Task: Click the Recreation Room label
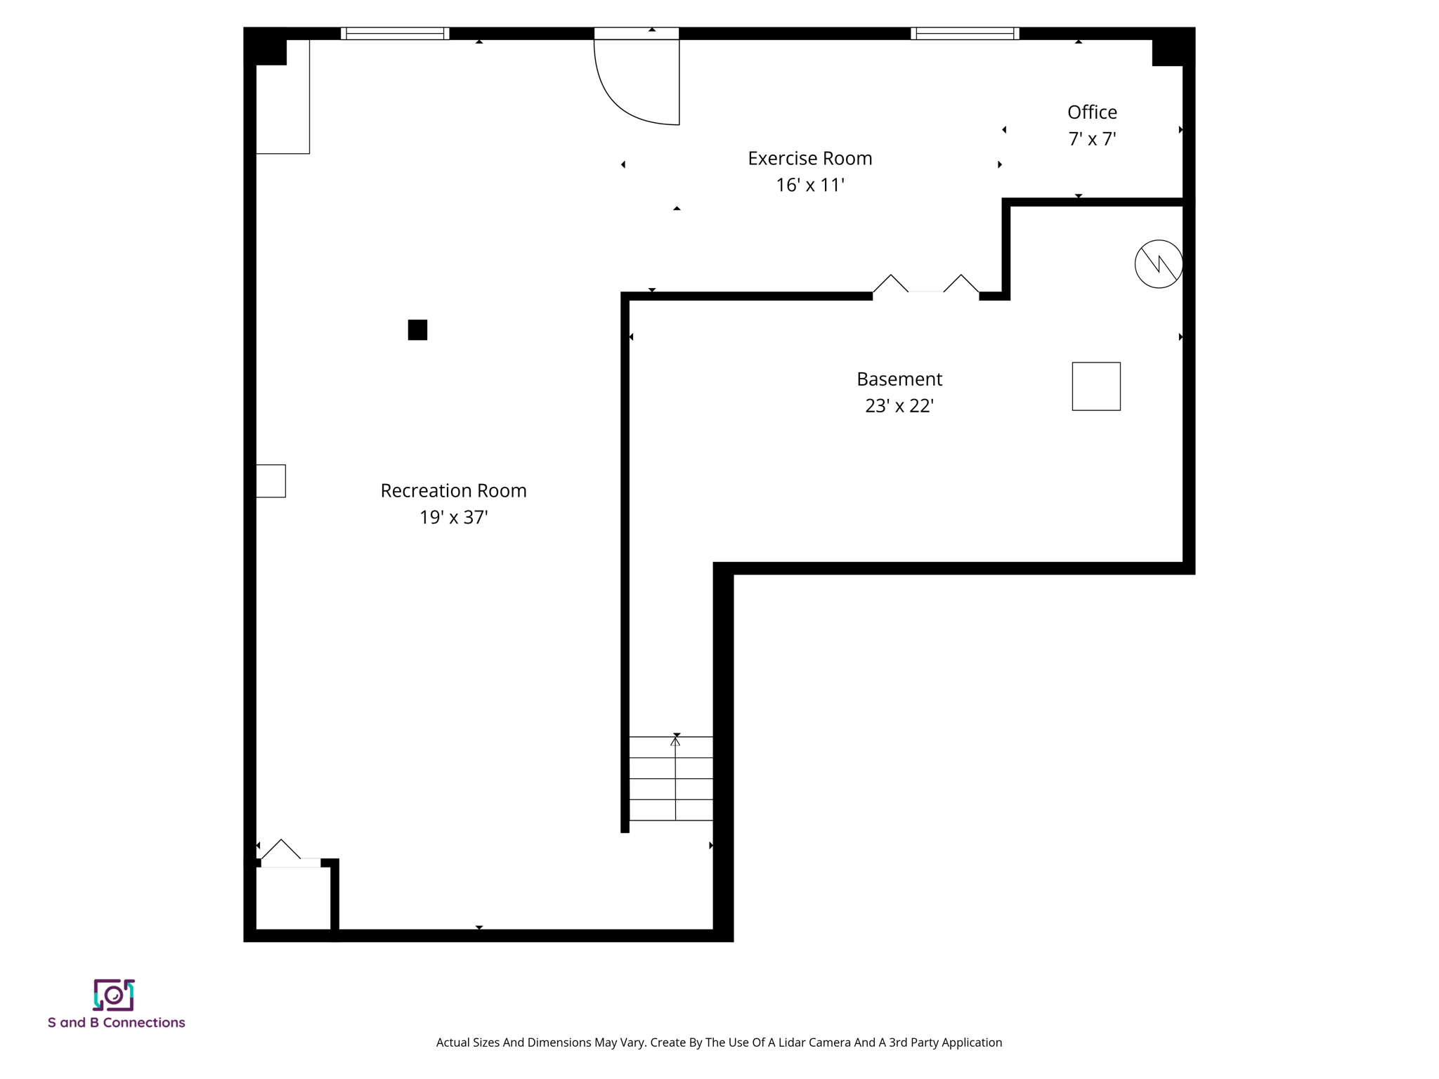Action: point(453,490)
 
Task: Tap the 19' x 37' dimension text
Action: point(453,518)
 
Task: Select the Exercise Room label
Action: point(809,159)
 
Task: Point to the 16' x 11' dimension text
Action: point(809,185)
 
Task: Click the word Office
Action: point(1091,112)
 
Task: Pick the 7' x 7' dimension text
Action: point(1091,139)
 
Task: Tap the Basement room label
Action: point(899,379)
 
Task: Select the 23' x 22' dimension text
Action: point(899,406)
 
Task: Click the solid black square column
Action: point(417,329)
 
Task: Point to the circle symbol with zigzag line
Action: point(1158,264)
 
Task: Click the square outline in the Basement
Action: point(1095,386)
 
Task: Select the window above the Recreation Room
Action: point(395,33)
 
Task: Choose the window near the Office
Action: point(964,33)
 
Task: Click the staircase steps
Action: point(670,778)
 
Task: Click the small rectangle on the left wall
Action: point(271,481)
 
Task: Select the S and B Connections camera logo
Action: point(114,995)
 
